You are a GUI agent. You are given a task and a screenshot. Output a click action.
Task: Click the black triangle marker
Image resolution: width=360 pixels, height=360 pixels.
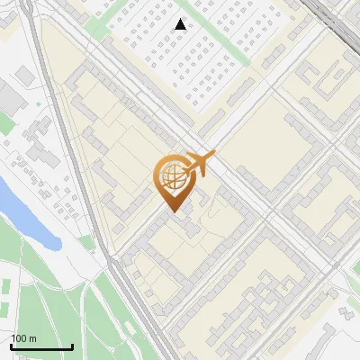point(181,24)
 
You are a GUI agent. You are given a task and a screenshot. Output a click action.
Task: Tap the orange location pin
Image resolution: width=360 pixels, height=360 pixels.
point(173,180)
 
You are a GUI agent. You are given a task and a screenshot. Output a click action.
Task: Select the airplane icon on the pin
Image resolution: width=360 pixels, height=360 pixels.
point(198,163)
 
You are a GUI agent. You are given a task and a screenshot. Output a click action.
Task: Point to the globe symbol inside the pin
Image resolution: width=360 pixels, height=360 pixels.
point(172,176)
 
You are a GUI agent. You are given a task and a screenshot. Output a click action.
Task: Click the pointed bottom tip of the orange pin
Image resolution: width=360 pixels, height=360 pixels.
point(172,211)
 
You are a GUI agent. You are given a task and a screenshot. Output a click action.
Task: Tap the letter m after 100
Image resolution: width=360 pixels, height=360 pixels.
point(32,338)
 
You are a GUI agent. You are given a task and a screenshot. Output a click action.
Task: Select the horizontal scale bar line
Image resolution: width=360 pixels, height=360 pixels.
point(41,346)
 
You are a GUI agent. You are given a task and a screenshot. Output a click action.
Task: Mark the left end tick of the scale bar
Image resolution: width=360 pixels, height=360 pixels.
point(11,345)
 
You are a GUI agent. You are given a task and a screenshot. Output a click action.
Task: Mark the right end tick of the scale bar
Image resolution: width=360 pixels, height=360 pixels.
point(72,345)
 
